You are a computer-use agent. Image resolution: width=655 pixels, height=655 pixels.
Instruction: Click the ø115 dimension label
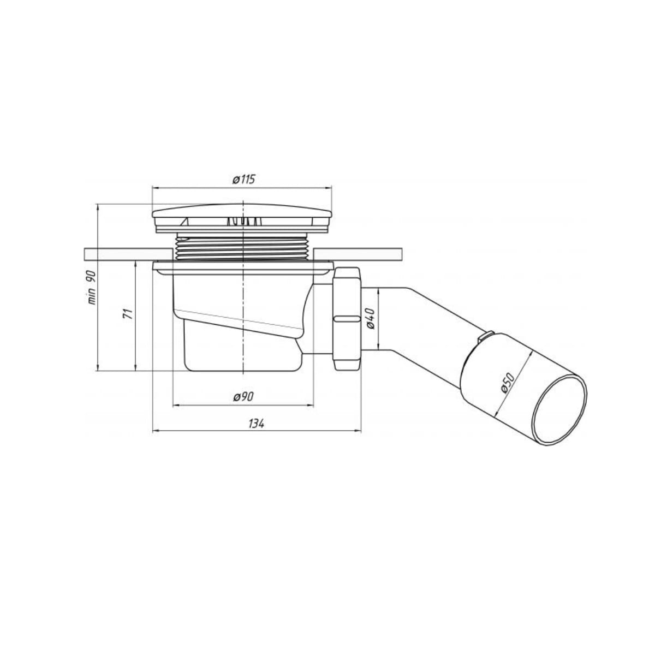(x=243, y=180)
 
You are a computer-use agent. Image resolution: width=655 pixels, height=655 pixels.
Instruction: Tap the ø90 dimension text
(x=243, y=396)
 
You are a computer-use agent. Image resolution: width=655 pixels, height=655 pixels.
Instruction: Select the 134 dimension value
(x=257, y=424)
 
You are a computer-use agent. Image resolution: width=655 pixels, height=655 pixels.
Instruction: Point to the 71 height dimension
(x=128, y=314)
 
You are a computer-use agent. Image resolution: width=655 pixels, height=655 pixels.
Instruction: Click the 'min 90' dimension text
(x=92, y=288)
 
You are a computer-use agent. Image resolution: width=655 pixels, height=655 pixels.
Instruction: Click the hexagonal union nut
(x=347, y=318)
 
